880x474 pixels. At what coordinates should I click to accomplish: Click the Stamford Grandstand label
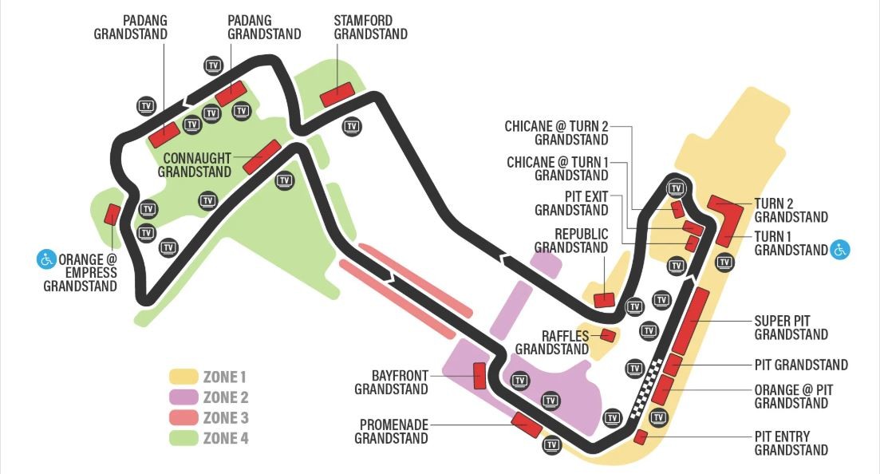[370, 27]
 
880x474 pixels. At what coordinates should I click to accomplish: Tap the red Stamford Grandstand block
[337, 94]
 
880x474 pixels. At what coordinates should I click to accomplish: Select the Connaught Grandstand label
[194, 165]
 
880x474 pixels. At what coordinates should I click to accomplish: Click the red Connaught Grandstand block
[262, 156]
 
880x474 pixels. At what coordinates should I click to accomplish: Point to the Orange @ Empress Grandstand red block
[112, 214]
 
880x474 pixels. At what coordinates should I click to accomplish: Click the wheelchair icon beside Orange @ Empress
[46, 259]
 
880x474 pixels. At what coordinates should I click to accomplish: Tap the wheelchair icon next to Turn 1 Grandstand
[840, 249]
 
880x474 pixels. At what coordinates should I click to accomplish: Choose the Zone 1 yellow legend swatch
[183, 377]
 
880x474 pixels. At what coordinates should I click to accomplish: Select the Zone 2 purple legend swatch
[183, 397]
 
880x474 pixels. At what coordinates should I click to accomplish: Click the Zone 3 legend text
[226, 418]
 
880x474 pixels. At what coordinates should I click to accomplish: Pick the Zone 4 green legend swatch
[183, 438]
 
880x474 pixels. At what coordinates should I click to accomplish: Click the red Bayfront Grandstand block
[479, 376]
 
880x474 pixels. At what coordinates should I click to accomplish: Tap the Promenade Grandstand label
[391, 432]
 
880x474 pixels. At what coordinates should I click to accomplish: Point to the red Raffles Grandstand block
[608, 336]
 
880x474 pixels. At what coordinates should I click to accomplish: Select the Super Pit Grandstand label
[791, 328]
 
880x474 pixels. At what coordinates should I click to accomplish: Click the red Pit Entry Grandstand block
[641, 436]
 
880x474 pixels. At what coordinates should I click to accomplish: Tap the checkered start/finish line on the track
[647, 389]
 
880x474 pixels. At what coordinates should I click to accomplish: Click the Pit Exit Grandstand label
[571, 203]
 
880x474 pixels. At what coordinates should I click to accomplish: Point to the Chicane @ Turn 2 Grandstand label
[556, 133]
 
